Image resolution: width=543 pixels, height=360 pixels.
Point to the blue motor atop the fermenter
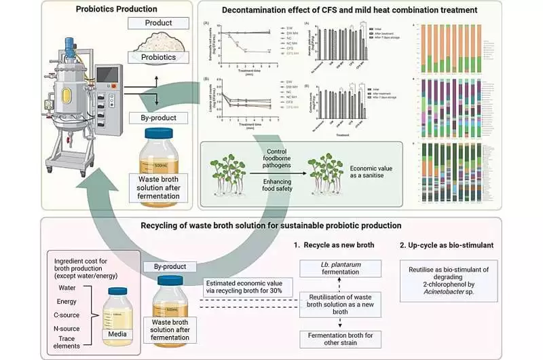click(71, 27)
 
